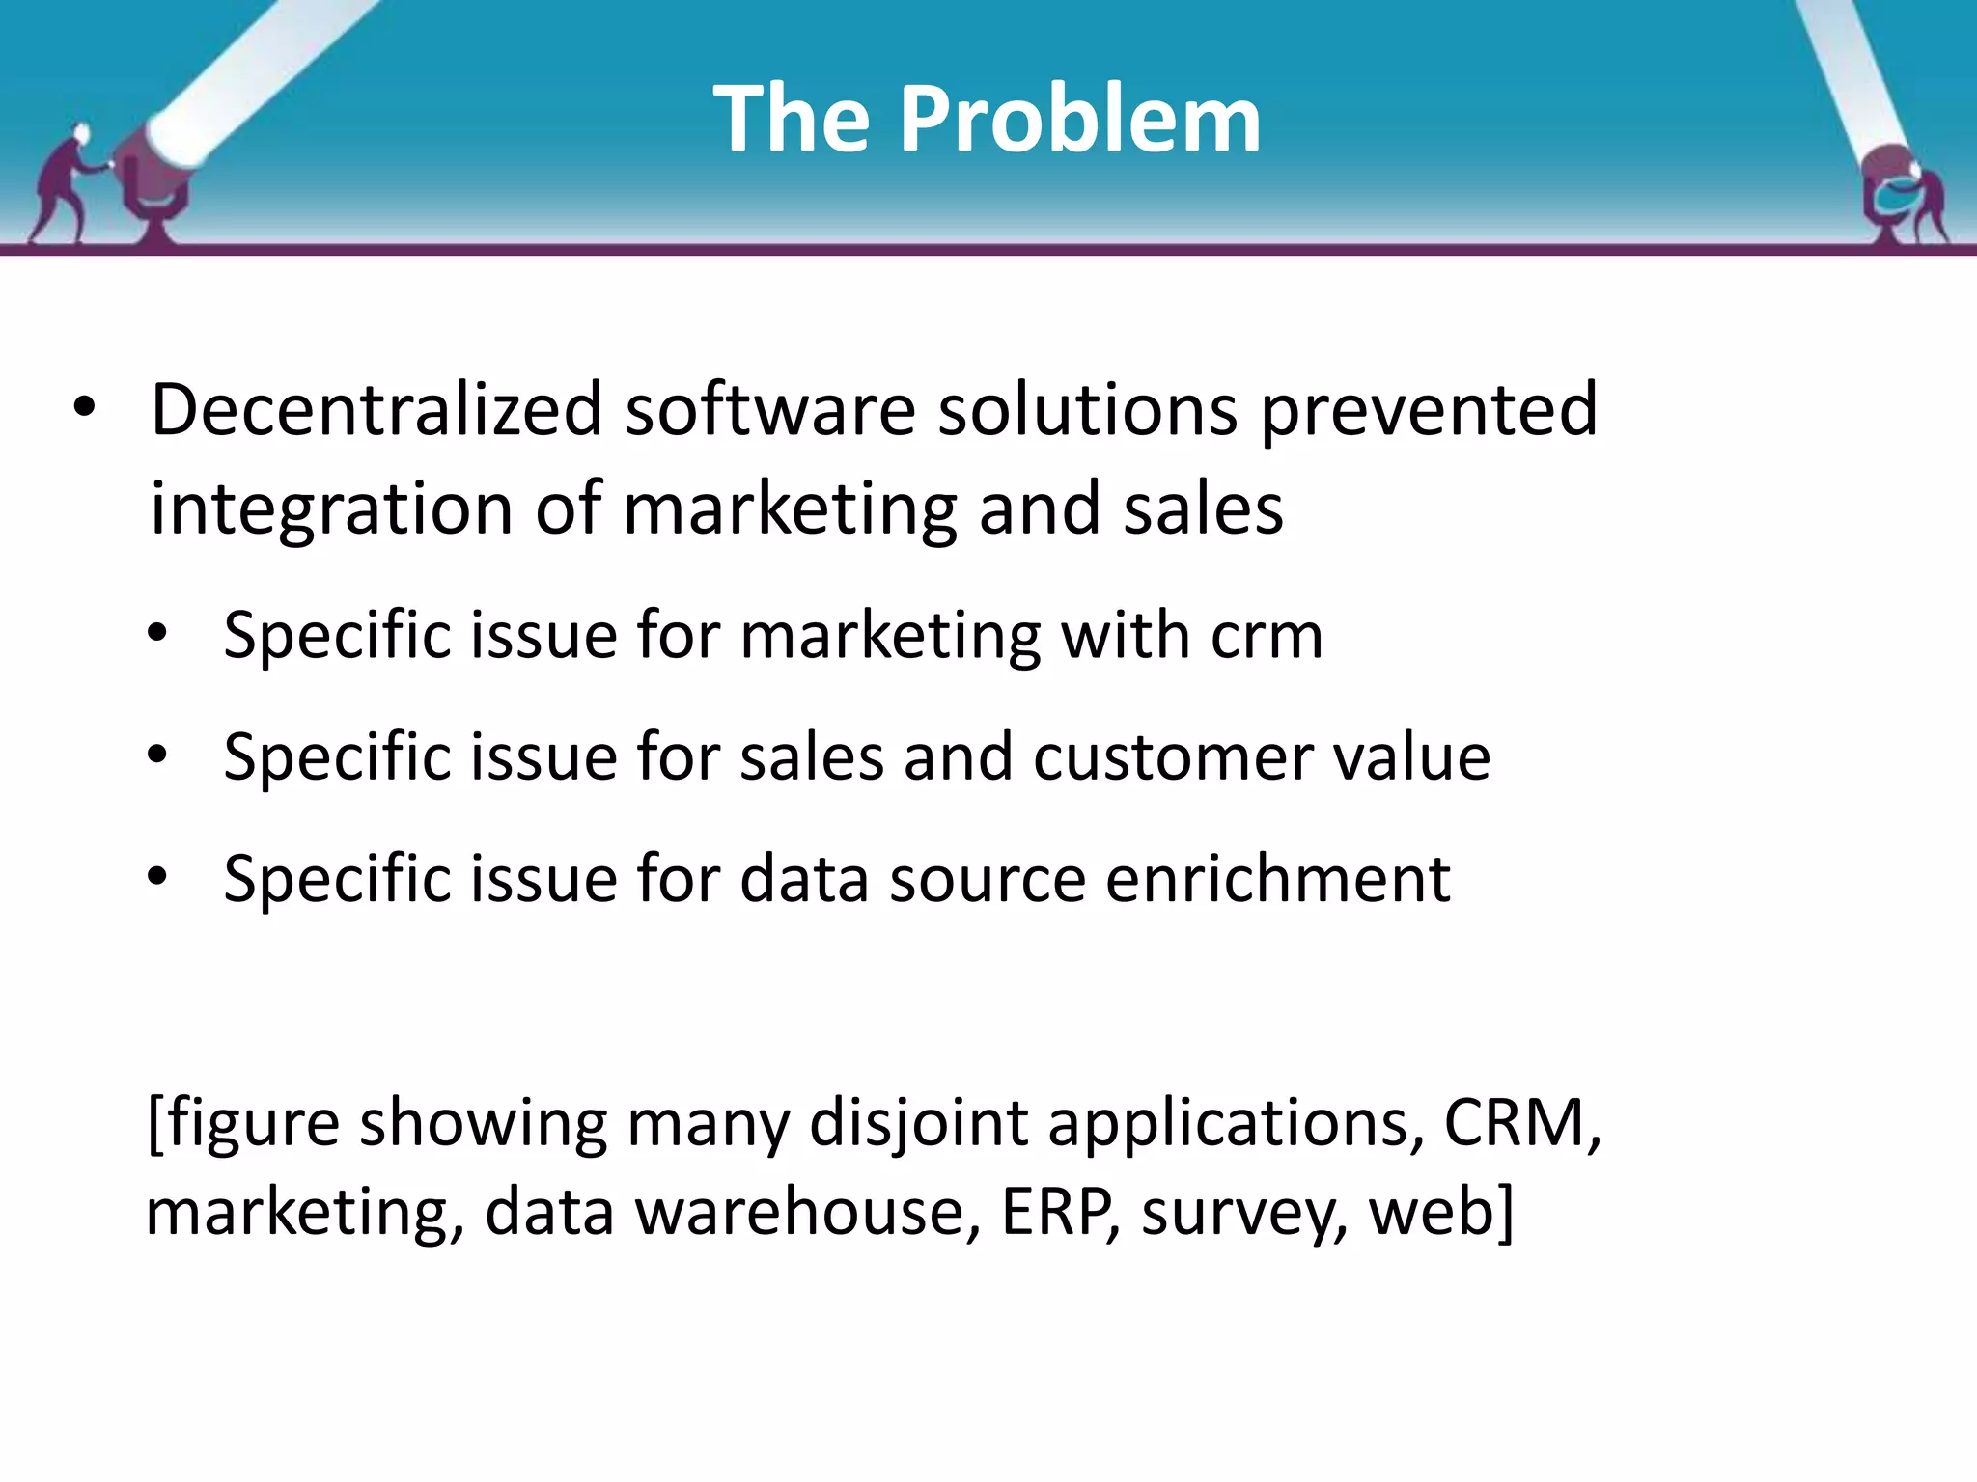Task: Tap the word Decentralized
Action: (x=376, y=409)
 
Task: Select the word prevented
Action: (x=1429, y=409)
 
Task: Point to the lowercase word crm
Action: (x=1267, y=636)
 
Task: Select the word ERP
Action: (x=1060, y=1212)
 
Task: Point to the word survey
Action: (x=1244, y=1214)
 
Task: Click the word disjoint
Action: (x=918, y=1125)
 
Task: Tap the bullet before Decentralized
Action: (x=85, y=408)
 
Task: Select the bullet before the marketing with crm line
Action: (x=157, y=634)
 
